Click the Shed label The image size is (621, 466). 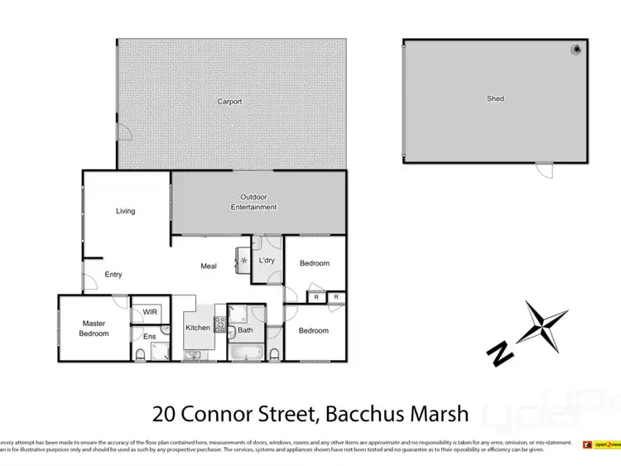point(495,99)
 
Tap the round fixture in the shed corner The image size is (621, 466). point(575,50)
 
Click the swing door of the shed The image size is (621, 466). point(542,170)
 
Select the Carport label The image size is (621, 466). point(229,102)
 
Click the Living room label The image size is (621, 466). point(125,211)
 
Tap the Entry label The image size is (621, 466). point(113,275)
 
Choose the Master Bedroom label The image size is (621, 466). point(94,329)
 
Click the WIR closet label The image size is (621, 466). point(150,312)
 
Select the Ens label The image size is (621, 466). point(149,337)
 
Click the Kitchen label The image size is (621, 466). point(198,329)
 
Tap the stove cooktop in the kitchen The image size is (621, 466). point(220,324)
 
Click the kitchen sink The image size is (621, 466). point(192,356)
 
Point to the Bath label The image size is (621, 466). point(245,330)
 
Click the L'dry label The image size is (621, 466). point(267,262)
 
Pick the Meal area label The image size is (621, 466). point(209,267)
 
